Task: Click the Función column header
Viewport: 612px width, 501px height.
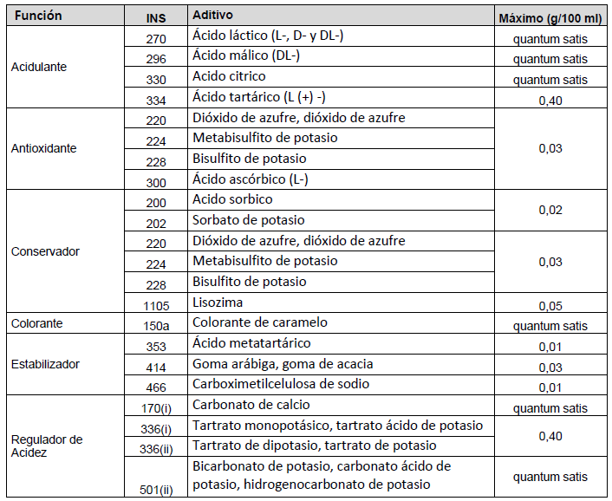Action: pos(36,16)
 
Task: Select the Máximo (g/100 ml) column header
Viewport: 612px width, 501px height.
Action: pos(550,17)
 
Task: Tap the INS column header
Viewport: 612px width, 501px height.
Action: pos(157,17)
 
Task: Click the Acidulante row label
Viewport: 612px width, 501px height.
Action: pos(39,66)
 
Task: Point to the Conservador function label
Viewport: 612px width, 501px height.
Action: pos(45,251)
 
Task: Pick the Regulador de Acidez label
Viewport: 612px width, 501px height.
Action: pos(47,446)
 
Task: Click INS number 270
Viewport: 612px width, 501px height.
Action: pos(157,39)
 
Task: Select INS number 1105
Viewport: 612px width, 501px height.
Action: pos(157,304)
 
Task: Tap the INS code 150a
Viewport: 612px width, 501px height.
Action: pos(157,324)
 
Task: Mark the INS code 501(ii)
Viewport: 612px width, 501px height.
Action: pos(157,490)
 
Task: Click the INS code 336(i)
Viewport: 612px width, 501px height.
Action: pos(157,428)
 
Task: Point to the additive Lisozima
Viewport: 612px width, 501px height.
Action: pos(218,303)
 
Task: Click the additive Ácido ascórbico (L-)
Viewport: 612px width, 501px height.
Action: pos(251,179)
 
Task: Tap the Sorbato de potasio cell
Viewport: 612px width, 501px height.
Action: pos(249,220)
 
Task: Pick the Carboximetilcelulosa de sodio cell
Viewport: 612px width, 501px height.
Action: pos(281,384)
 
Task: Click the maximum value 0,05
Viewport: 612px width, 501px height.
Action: pos(550,305)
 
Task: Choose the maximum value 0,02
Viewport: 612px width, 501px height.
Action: pos(550,211)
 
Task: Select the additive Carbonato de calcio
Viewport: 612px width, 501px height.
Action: pos(251,405)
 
